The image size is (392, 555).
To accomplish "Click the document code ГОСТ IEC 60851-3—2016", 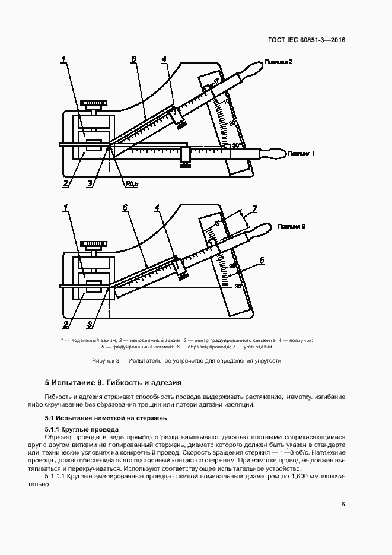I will coord(306,40).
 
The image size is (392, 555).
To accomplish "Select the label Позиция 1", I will coord(301,153).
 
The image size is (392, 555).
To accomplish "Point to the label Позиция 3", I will coord(291,226).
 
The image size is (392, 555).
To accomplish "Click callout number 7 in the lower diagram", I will coord(254,208).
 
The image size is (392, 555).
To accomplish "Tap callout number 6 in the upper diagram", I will coord(133,59).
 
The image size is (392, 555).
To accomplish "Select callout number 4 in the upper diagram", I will coord(164,59).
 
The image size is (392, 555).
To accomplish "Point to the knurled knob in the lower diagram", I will coord(94,244).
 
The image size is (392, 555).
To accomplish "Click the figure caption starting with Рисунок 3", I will coord(186,360).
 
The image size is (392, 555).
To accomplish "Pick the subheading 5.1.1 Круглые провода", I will coord(82,429).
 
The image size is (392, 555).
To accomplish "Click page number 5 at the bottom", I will coord(343,505).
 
